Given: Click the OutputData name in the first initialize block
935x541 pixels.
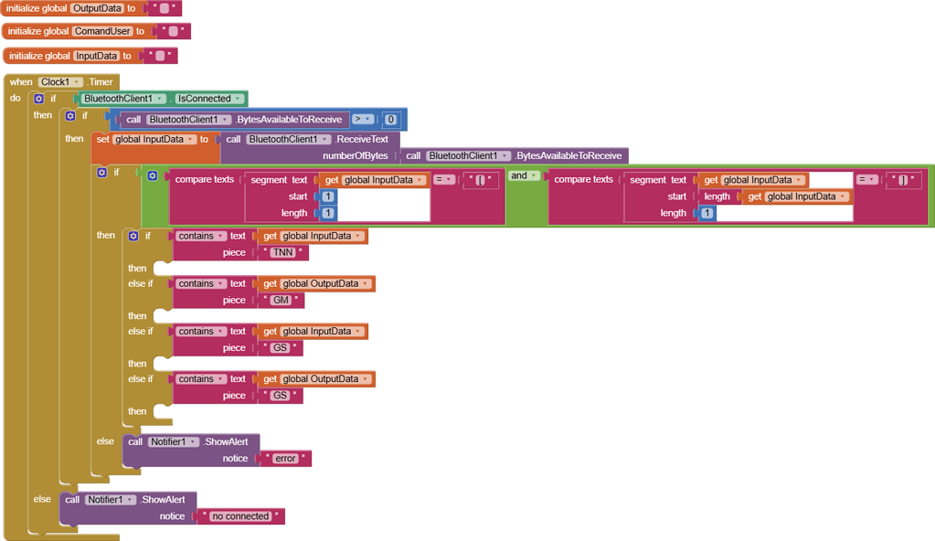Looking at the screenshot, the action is pos(97,8).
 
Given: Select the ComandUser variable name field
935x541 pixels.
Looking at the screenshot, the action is pos(102,31).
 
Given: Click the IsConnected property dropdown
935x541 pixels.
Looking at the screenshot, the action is pos(208,99).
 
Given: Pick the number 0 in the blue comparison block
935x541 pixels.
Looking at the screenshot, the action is pos(390,120).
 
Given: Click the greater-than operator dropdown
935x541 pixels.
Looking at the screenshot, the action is pos(362,120).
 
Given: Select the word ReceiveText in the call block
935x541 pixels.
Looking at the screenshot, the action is pos(362,139).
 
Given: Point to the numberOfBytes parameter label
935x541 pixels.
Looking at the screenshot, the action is pos(356,155).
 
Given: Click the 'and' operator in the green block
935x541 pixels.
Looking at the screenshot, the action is pos(524,175).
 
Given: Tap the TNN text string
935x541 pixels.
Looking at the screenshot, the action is pos(283,252).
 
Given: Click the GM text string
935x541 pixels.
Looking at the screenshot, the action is pos(281,300).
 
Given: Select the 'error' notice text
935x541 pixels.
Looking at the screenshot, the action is pos(285,458).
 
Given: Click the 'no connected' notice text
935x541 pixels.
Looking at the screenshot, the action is pos(241,516).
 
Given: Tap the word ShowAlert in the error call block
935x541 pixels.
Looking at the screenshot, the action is pos(226,441).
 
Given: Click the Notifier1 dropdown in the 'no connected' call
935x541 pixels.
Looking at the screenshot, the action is pos(111,499).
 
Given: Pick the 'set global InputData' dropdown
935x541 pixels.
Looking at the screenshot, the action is pos(154,139).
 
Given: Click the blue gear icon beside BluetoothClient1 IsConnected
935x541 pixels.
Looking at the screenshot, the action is pos(38,99).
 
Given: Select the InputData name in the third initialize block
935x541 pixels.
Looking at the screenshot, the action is pos(97,56).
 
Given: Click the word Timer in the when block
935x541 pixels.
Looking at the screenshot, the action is pos(101,81).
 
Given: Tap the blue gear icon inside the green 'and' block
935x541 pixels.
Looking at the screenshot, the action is pos(153,175).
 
